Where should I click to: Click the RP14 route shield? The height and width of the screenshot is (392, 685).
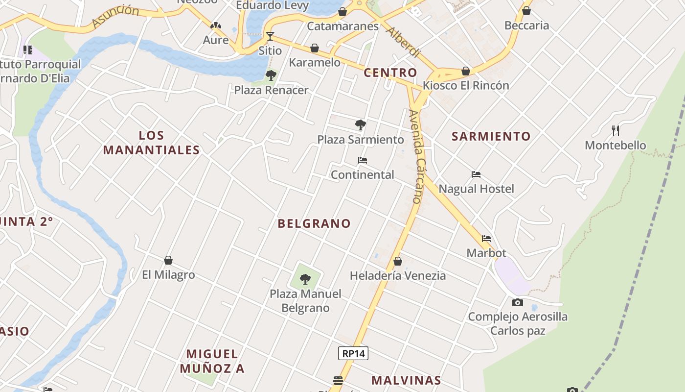point(353,353)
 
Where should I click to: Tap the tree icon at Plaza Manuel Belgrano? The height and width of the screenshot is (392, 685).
point(305,279)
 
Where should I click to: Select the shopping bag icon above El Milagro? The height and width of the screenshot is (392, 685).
point(168,260)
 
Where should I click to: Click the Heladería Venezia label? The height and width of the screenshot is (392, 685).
point(398,276)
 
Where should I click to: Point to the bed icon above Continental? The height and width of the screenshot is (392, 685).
point(363,160)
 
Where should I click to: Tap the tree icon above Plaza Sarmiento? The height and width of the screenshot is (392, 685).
point(361,125)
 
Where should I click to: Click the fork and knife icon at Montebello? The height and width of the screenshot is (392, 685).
point(616,131)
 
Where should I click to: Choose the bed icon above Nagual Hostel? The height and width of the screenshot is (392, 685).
point(476,174)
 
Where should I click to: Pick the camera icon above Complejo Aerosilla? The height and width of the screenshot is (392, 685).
point(518,302)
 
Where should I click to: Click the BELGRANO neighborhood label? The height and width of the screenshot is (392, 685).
point(314,223)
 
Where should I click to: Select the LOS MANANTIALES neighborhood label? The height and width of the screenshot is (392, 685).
point(152,143)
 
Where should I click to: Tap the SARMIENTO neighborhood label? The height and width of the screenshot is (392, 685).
point(491,136)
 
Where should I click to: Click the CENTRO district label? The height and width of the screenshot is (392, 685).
point(390,73)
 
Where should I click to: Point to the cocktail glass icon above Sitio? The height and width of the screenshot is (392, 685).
point(270,36)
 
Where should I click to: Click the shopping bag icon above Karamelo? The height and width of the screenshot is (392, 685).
point(315,48)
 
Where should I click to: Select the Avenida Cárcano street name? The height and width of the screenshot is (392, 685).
point(415,156)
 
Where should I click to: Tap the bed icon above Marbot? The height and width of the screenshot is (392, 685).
point(486,239)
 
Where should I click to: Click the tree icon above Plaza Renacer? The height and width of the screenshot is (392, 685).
point(271,75)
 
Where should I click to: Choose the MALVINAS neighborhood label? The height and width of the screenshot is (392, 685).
point(406,380)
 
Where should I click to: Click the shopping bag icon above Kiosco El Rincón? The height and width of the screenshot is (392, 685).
point(466,71)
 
